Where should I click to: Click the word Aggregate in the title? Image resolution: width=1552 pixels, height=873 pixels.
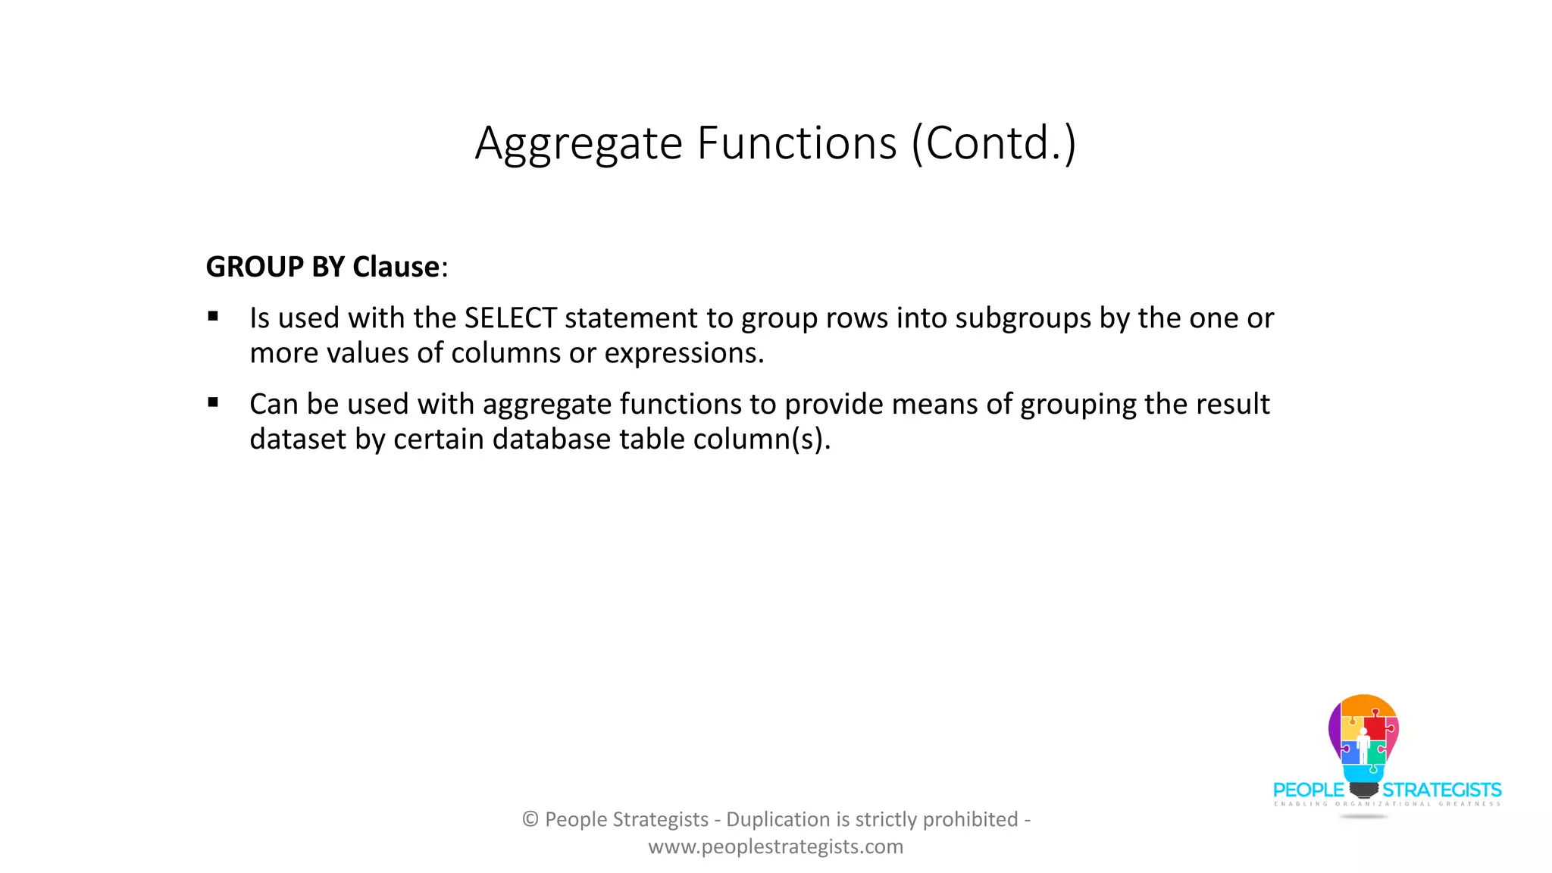coord(579,143)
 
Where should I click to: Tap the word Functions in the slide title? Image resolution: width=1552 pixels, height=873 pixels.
coord(796,143)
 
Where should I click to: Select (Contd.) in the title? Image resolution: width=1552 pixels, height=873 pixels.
coord(993,143)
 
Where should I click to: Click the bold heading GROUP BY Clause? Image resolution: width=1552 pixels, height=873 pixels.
coord(323,267)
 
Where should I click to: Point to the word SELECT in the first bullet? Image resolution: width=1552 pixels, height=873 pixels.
coord(511,318)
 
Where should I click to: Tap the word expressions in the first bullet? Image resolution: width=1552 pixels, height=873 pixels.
coord(684,353)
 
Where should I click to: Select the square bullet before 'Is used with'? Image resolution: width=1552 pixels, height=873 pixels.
coord(213,317)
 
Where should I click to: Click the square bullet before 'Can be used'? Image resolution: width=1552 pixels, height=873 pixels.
coord(213,403)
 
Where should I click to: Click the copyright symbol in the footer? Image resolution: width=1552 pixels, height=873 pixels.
coord(530,819)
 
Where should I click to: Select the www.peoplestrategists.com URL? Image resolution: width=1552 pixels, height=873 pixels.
coord(775,846)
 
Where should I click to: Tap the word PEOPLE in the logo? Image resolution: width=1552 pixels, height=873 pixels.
coord(1308,790)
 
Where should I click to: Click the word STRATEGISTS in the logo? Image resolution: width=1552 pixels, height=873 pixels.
coord(1441,790)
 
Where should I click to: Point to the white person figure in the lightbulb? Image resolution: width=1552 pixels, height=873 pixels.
coord(1363,746)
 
